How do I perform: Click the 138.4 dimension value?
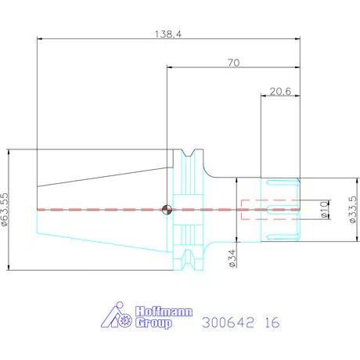point(168,34)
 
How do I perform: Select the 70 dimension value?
point(233,63)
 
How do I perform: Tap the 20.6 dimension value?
point(280,92)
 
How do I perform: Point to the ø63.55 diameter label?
point(5,209)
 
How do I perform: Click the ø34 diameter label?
point(232,258)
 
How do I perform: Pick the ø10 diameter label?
point(323,209)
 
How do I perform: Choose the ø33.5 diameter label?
point(352,210)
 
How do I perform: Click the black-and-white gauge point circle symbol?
point(167,210)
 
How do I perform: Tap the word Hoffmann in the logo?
point(164,311)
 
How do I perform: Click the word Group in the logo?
point(154,323)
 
